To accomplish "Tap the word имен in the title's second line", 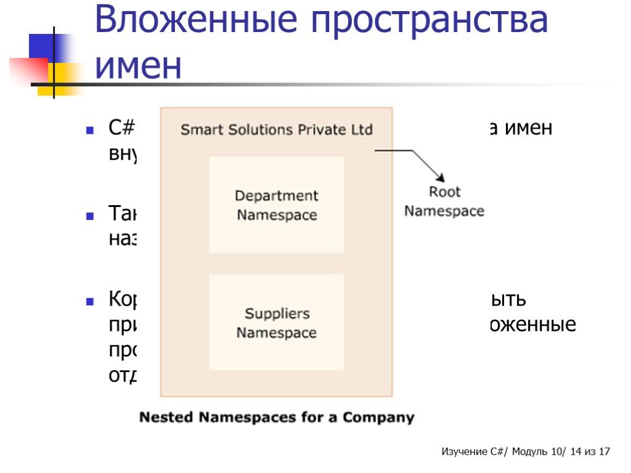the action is (x=139, y=66).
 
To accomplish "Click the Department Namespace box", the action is (x=277, y=205).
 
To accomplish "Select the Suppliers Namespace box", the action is (x=277, y=322).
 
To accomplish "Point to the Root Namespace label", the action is (x=444, y=201).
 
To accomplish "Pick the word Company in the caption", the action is (x=378, y=418).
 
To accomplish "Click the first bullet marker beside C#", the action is (x=89, y=131).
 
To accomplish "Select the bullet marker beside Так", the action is (x=89, y=217).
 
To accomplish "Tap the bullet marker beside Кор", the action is (x=89, y=302).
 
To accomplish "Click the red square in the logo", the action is (x=28, y=70).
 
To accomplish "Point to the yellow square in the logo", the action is (x=62, y=80).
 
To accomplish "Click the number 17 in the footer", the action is (x=604, y=452).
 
